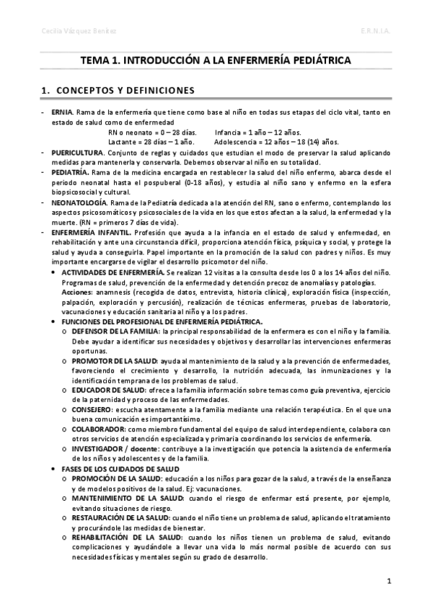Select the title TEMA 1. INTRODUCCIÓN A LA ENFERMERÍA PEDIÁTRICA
coord(216,61)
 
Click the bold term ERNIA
coord(62,113)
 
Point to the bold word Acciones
coord(76,294)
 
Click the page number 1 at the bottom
coord(389,581)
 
